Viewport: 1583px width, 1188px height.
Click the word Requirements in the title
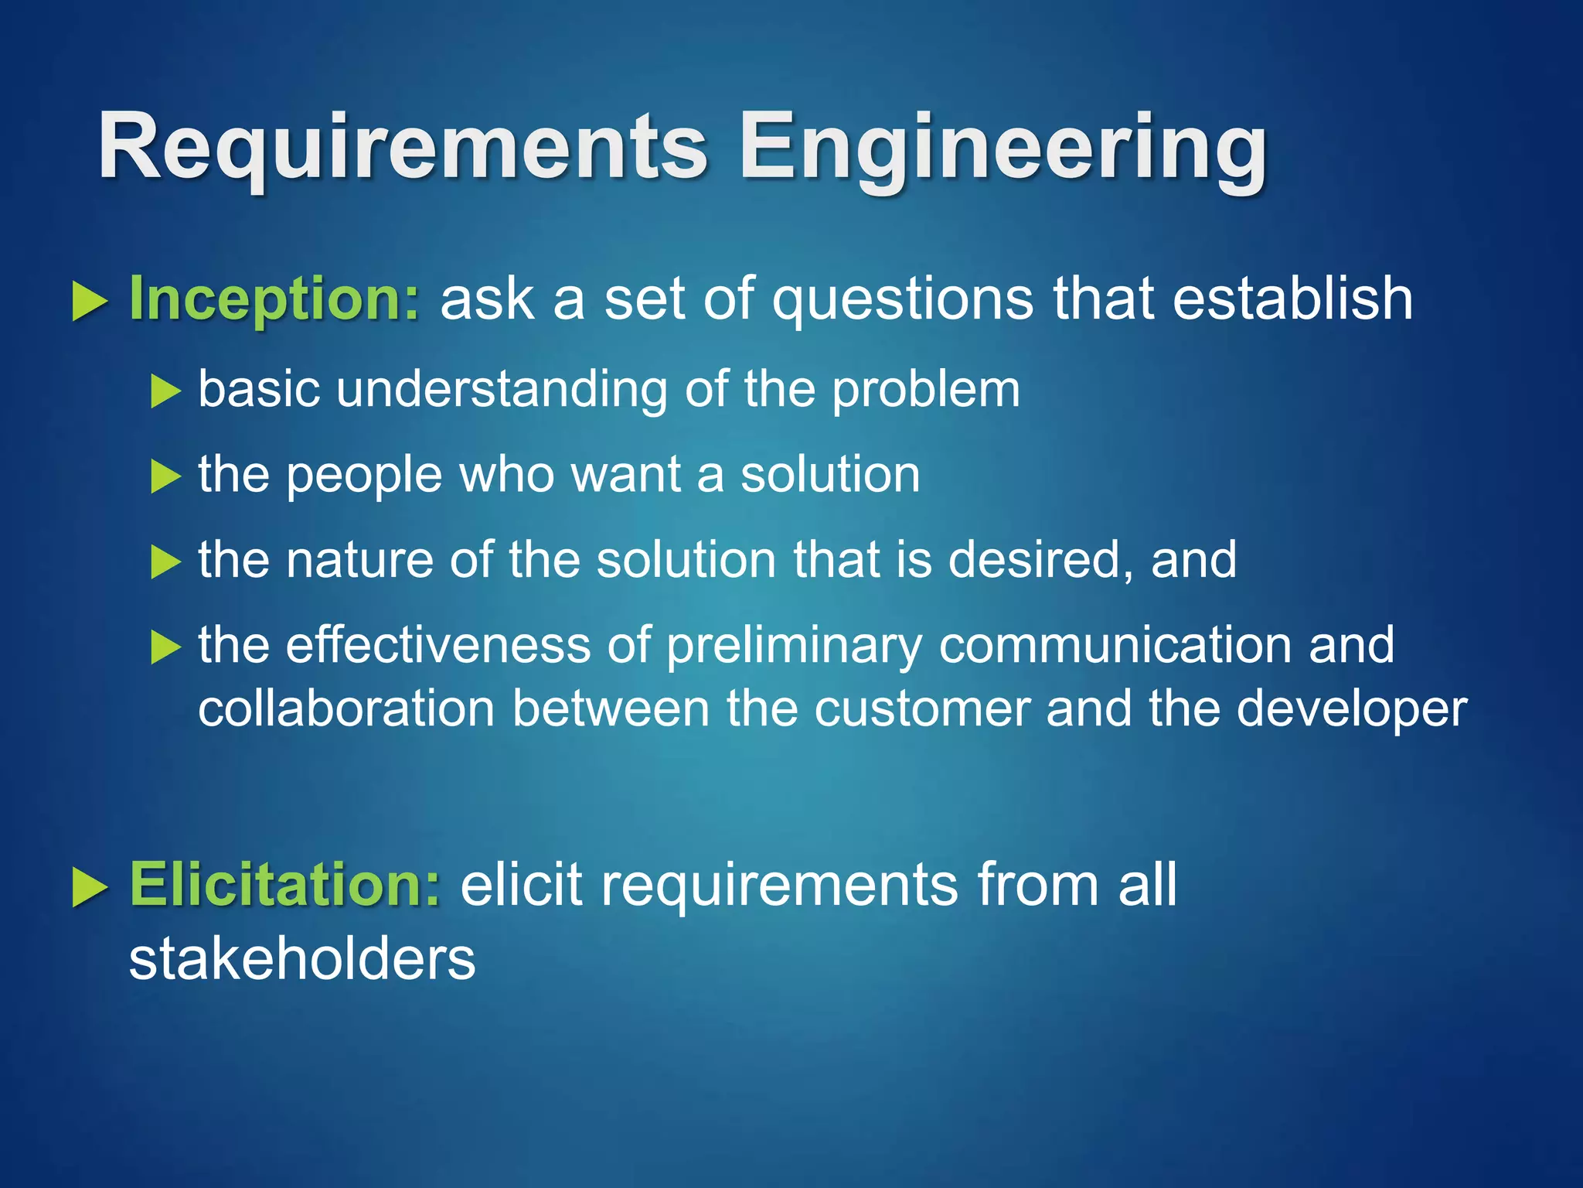[x=402, y=147]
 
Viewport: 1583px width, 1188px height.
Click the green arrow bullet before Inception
[x=90, y=301]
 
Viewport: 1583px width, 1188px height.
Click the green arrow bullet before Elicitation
[x=90, y=886]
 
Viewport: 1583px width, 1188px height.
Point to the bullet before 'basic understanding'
[x=165, y=391]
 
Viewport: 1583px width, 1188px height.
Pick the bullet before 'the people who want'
[x=165, y=476]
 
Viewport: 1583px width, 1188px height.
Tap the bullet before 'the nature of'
[x=165, y=562]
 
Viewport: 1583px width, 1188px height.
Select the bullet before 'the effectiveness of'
[x=165, y=647]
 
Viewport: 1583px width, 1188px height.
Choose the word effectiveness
[x=437, y=644]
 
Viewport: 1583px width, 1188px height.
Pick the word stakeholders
[x=301, y=959]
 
